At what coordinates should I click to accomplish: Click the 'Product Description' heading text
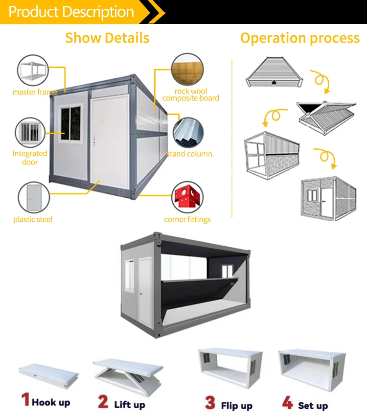(x=71, y=12)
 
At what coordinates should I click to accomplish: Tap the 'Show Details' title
(x=107, y=38)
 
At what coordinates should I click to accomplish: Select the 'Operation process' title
(x=300, y=38)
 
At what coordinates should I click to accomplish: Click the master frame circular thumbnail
(x=33, y=71)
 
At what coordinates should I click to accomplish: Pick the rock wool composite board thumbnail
(x=187, y=70)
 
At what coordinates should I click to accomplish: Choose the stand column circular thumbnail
(x=187, y=133)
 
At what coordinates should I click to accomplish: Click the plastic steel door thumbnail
(x=33, y=197)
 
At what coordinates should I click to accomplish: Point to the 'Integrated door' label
(x=30, y=158)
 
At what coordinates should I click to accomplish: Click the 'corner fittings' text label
(x=187, y=219)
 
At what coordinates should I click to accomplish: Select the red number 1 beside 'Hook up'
(x=25, y=399)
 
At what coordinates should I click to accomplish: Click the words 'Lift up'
(x=130, y=404)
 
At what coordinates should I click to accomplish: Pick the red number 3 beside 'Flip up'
(x=210, y=403)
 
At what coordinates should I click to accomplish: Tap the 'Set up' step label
(x=313, y=406)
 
